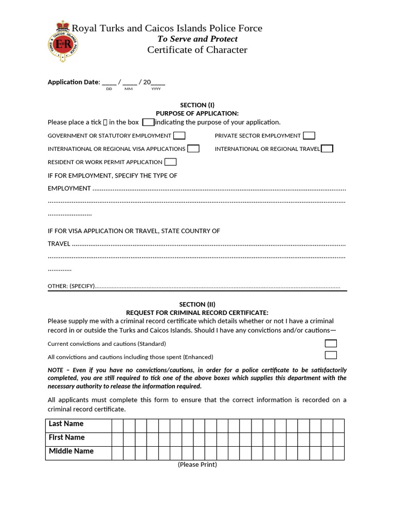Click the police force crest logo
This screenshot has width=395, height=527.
pos(63,41)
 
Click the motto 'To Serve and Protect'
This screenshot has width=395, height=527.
pos(197,39)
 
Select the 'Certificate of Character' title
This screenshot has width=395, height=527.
pos(197,50)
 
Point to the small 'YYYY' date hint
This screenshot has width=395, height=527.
pos(156,89)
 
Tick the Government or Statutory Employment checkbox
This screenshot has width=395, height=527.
pos(179,136)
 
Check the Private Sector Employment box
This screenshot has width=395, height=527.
pos(309,136)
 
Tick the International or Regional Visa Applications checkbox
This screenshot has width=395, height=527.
pos(193,149)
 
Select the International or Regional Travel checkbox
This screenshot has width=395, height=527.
pos(327,149)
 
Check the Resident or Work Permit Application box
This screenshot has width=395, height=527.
pos(170,162)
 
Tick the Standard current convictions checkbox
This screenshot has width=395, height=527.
pos(331,343)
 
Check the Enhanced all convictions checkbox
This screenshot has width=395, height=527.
pos(331,355)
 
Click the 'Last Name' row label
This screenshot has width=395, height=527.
pos(66,424)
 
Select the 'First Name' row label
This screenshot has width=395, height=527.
pos(66,437)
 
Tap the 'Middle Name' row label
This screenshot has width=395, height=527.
pos(71,451)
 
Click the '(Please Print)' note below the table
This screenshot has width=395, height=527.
pos(197,465)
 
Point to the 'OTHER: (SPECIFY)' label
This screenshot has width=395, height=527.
pos(71,286)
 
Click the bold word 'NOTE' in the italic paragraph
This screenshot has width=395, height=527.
pos(55,370)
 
